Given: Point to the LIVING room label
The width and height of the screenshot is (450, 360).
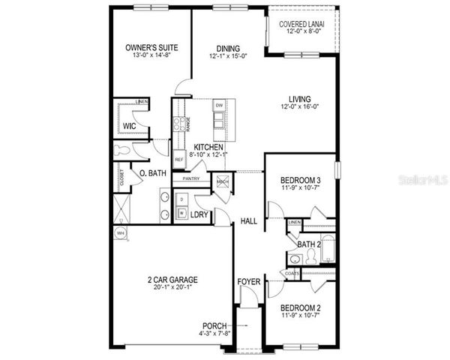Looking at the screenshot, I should pos(300,98).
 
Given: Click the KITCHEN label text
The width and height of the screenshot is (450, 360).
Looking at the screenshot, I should pos(208,147).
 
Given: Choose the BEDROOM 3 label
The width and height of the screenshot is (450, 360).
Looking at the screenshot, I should pos(300,181).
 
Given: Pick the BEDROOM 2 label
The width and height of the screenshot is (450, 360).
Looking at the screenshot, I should pos(300,307).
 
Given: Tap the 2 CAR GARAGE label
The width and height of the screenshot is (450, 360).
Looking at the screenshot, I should pos(172,280).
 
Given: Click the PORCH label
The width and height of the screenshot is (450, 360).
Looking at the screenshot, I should pos(214,325).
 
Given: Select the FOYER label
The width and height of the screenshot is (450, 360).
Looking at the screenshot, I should pos(249,282).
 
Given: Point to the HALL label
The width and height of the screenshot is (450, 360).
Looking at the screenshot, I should pos(249,221).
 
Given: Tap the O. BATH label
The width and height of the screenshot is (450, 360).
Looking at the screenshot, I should pos(152,174).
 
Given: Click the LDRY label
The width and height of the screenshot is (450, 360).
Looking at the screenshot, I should pos(199,215).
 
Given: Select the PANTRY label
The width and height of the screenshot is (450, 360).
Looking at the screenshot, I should pos(190,178).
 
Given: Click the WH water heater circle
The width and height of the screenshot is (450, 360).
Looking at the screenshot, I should pos(120,233).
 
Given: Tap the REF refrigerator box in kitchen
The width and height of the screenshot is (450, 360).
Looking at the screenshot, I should pos(179,160).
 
